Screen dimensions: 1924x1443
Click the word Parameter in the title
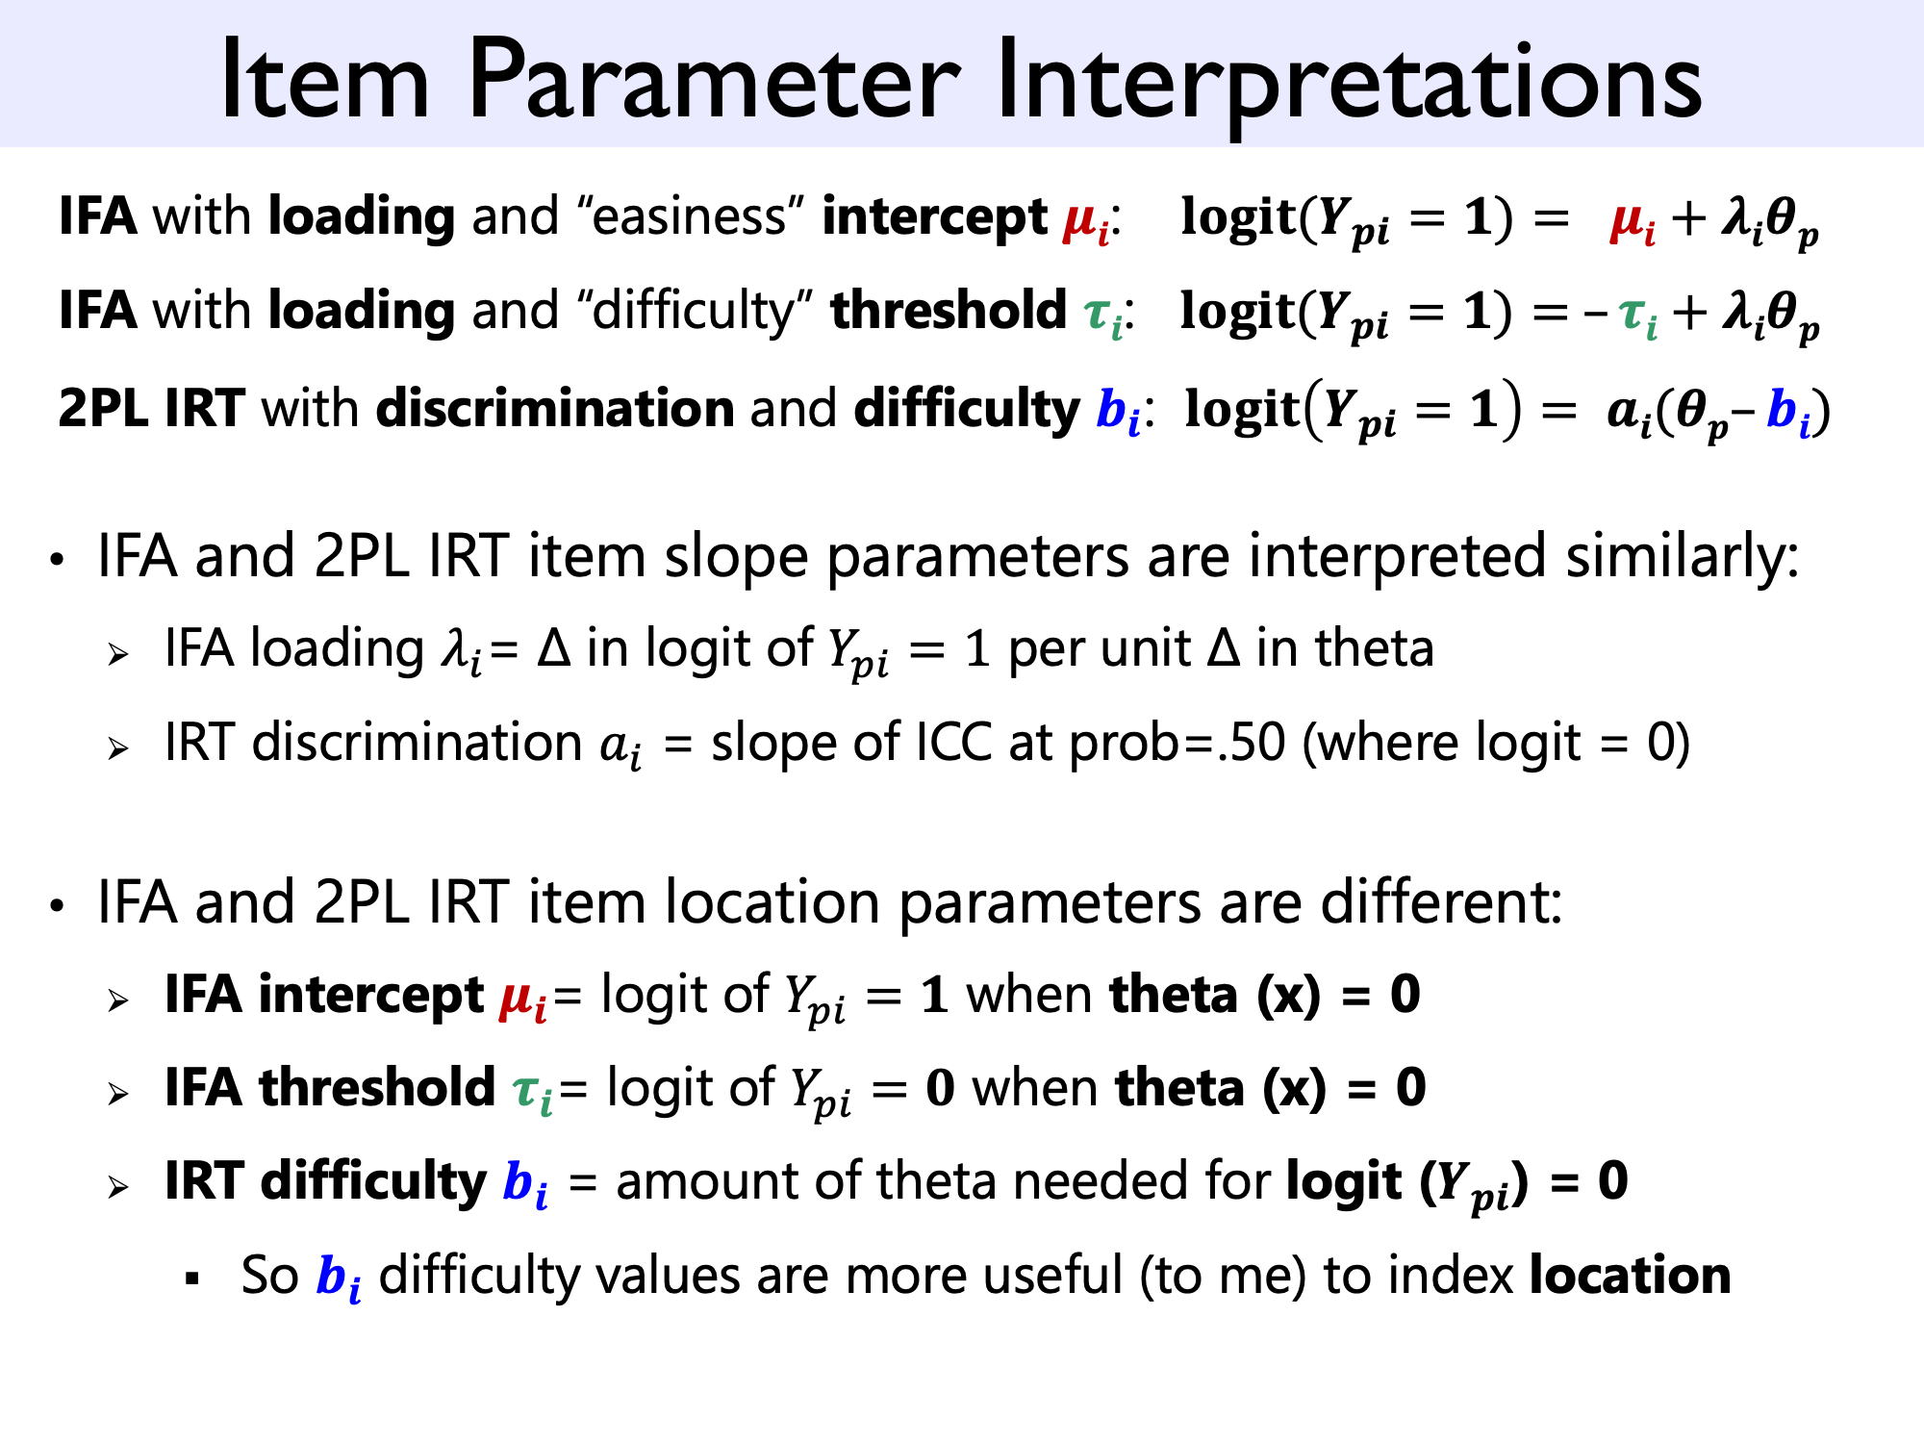click(714, 82)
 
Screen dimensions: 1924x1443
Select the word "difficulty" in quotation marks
click(696, 310)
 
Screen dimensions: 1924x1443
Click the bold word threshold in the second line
click(949, 310)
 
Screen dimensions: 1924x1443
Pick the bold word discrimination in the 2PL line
click(555, 408)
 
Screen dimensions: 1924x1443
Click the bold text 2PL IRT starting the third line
click(151, 408)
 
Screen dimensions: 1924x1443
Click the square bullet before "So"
click(193, 1278)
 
